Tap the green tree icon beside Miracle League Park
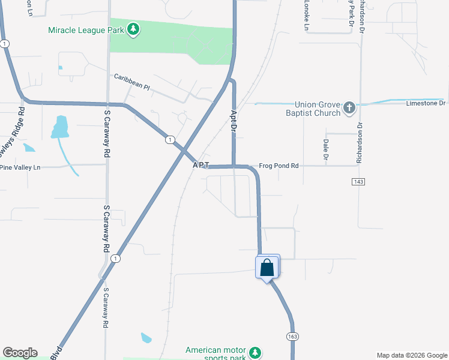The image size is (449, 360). pyautogui.click(x=133, y=29)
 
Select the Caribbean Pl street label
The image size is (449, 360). pyautogui.click(x=132, y=82)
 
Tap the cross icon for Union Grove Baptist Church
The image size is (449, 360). pyautogui.click(x=349, y=109)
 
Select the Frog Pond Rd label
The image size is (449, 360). pyautogui.click(x=278, y=166)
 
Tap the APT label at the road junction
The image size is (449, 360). pyautogui.click(x=200, y=165)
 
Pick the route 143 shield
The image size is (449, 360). pyautogui.click(x=359, y=181)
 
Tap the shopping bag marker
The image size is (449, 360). pyautogui.click(x=267, y=268)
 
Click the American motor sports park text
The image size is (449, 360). pyautogui.click(x=216, y=355)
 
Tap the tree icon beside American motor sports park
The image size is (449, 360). pyautogui.click(x=255, y=352)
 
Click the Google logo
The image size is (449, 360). pyautogui.click(x=20, y=353)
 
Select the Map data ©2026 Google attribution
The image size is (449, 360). pyautogui.click(x=411, y=355)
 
